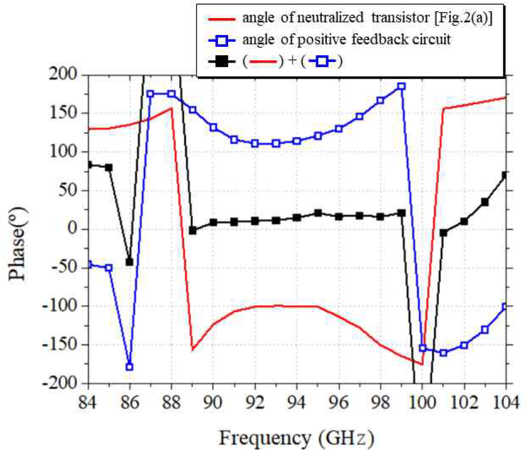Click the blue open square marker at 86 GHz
[130, 367]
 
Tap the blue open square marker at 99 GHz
[401, 86]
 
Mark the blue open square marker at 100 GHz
[422, 348]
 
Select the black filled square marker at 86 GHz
[130, 262]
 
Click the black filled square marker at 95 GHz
[318, 213]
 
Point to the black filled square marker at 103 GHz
[485, 202]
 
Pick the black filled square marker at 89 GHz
[193, 230]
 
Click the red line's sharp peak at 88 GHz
[171, 108]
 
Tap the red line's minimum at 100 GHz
[421, 364]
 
